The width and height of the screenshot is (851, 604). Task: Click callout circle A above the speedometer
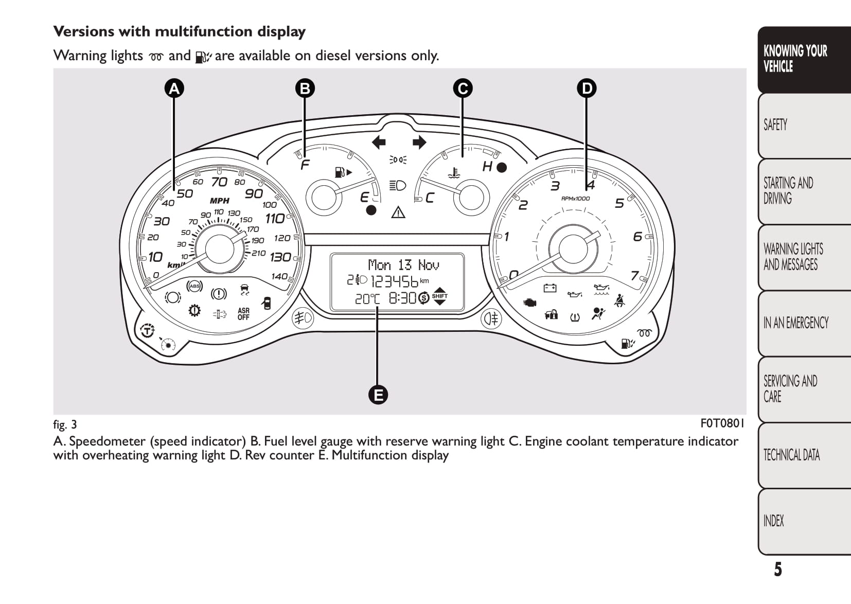pyautogui.click(x=174, y=88)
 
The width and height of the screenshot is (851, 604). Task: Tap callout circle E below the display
pyautogui.click(x=378, y=395)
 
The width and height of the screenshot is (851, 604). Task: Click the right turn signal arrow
pyautogui.click(x=419, y=142)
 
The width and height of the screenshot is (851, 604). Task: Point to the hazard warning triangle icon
pyautogui.click(x=398, y=211)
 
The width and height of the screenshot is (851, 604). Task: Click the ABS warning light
pyautogui.click(x=194, y=286)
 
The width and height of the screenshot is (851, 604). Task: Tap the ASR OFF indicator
pyautogui.click(x=243, y=314)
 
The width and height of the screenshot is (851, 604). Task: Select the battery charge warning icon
pyautogui.click(x=550, y=288)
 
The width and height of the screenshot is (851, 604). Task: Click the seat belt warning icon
pyautogui.click(x=620, y=299)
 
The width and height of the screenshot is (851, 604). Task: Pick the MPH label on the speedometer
pyautogui.click(x=220, y=201)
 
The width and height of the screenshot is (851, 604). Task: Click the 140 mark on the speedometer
pyautogui.click(x=279, y=276)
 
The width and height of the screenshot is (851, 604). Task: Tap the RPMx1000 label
pyautogui.click(x=575, y=199)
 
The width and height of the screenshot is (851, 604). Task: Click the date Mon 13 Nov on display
pyautogui.click(x=403, y=265)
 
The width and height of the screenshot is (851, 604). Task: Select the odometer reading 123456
pyautogui.click(x=394, y=281)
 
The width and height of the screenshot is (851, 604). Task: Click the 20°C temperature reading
pyautogui.click(x=367, y=298)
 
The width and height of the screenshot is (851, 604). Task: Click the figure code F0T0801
pyautogui.click(x=722, y=423)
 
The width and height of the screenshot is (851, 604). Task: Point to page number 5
pyautogui.click(x=778, y=570)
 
